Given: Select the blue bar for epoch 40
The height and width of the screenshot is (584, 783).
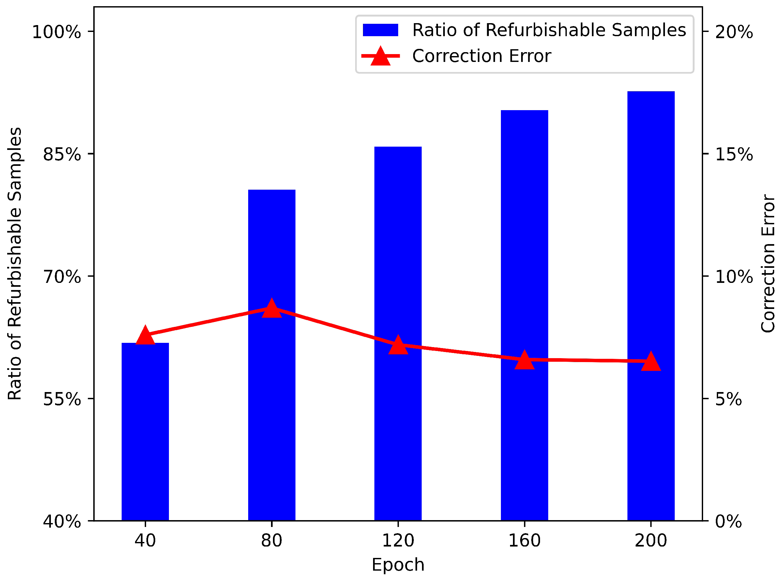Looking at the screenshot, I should [x=145, y=431].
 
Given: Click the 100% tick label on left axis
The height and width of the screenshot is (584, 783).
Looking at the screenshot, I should [x=57, y=32].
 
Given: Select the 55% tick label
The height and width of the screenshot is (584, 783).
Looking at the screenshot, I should [x=62, y=400].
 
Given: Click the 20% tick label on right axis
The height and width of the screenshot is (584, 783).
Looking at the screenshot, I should [x=734, y=32].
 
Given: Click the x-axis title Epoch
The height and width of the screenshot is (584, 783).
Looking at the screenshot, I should [x=398, y=564].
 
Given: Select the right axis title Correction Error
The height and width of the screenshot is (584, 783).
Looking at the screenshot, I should [x=767, y=263].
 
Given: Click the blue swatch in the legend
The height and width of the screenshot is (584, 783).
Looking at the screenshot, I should [x=380, y=30].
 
